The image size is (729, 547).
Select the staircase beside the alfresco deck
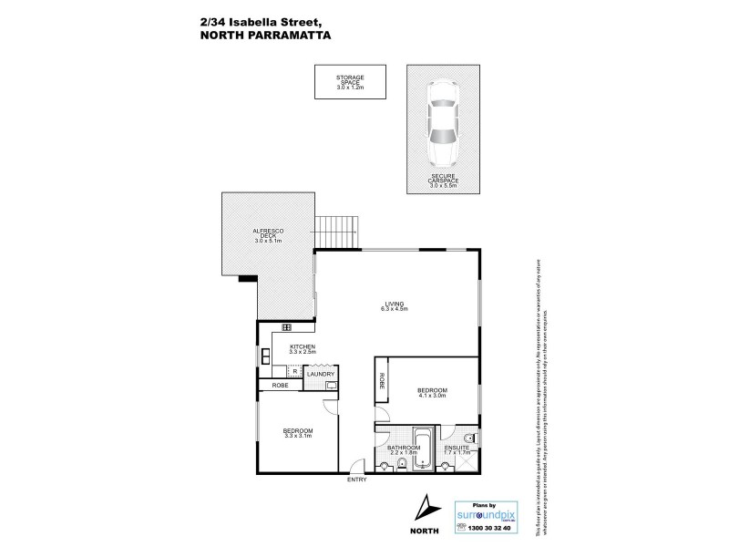click(336, 230)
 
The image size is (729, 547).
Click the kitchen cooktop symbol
click(285, 327)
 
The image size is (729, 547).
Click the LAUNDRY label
click(320, 374)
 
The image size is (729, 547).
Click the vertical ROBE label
click(382, 383)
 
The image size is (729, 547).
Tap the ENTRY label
click(358, 481)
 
